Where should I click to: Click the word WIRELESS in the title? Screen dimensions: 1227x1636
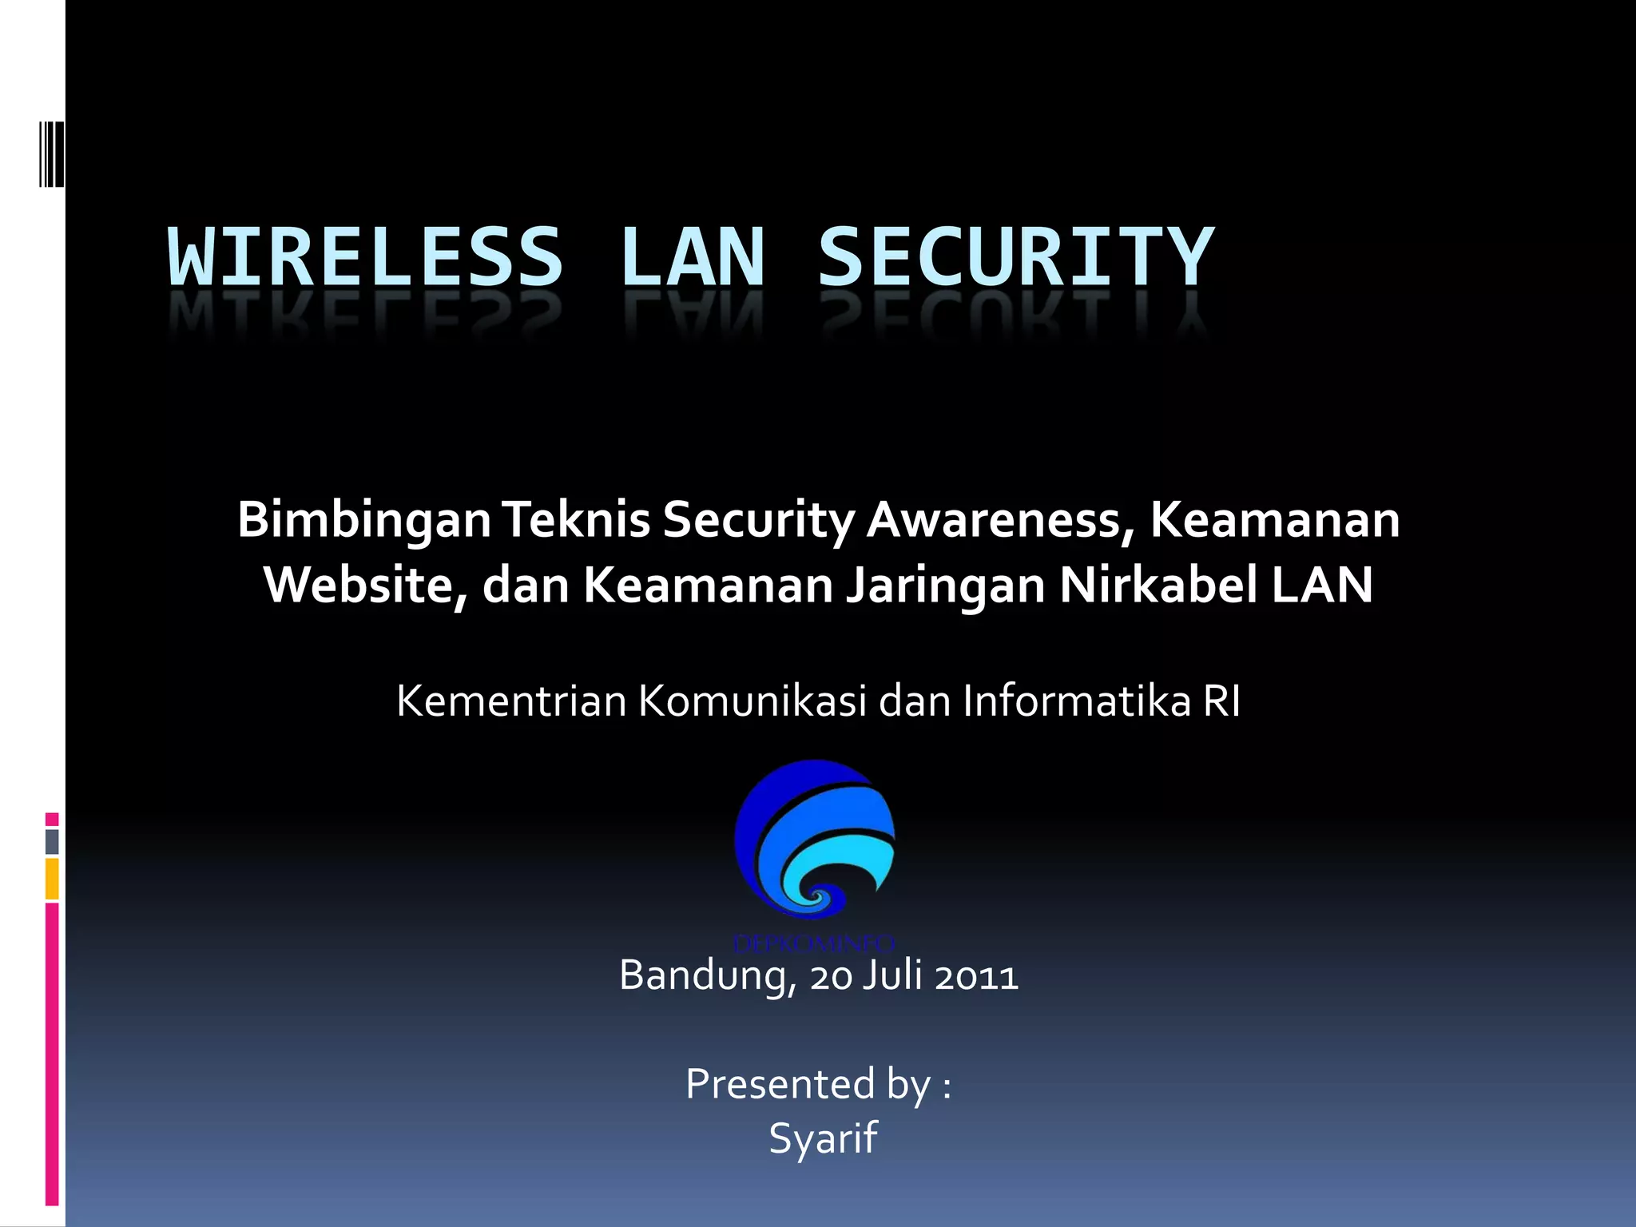(365, 257)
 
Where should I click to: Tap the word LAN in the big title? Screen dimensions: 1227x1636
(692, 257)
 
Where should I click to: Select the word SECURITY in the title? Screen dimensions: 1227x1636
(1015, 257)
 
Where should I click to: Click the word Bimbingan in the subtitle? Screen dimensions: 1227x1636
(364, 521)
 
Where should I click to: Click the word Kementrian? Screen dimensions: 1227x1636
(511, 701)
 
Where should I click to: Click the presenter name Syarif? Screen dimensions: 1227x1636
(823, 1138)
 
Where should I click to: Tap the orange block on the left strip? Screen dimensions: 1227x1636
(52, 879)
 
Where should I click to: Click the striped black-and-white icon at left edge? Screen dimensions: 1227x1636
(51, 154)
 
